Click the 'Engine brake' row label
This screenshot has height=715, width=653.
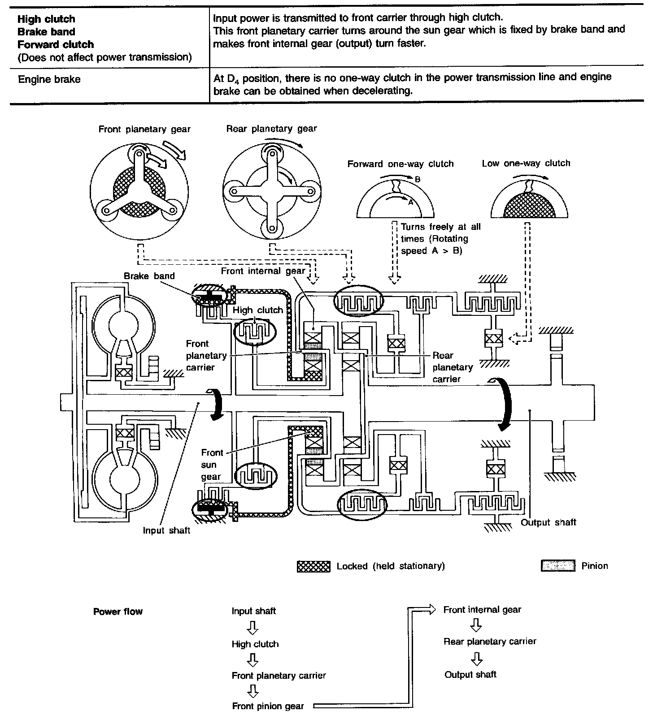point(49,80)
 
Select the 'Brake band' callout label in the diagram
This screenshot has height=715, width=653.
point(149,276)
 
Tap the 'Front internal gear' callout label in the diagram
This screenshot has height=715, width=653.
point(263,271)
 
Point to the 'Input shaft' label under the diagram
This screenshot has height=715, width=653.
point(166,530)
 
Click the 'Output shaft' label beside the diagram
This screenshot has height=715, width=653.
point(548,522)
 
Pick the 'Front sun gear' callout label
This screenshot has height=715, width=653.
point(211,465)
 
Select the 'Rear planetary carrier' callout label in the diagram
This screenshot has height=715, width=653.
point(453,367)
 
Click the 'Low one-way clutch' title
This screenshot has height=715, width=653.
point(526,164)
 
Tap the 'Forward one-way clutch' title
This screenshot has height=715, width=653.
point(400,164)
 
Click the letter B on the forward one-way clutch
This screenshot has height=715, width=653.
point(417,180)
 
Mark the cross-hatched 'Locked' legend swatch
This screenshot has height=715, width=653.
point(313,566)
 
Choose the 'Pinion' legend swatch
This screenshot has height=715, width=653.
point(557,566)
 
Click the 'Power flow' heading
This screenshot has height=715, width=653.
point(118,612)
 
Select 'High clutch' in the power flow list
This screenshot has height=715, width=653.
point(255,644)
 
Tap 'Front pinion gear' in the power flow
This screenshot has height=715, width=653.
point(268,706)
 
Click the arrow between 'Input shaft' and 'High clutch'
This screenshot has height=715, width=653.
point(253,628)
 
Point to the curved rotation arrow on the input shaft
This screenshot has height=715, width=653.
point(217,404)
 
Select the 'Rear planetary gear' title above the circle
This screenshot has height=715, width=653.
point(271,129)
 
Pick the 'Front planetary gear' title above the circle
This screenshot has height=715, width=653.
point(144,129)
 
